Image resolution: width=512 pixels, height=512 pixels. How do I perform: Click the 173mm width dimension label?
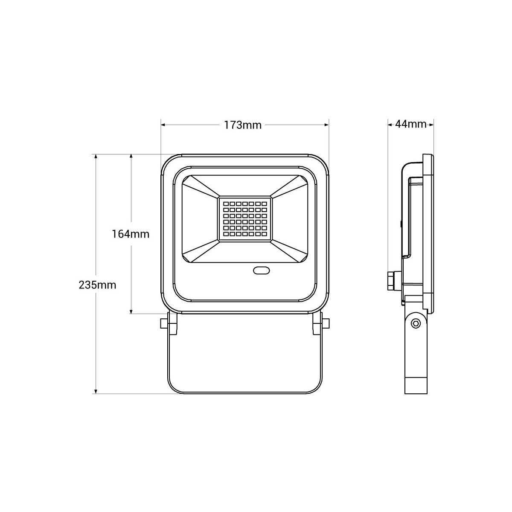click(x=243, y=125)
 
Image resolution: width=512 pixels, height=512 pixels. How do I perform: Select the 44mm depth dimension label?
click(x=411, y=124)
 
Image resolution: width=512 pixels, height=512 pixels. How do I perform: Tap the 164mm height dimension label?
click(x=131, y=234)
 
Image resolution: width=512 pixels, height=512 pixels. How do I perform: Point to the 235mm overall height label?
click(x=97, y=285)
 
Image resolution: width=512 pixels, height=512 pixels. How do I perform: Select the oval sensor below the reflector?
click(x=261, y=271)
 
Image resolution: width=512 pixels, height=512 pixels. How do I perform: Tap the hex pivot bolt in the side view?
click(x=415, y=324)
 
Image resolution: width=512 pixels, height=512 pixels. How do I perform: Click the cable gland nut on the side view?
click(x=390, y=281)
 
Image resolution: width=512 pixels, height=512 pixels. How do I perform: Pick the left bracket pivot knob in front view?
click(x=163, y=324)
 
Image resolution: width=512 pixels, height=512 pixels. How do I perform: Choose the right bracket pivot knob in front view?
click(x=326, y=324)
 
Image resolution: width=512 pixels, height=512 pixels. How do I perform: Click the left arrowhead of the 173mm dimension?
click(x=163, y=125)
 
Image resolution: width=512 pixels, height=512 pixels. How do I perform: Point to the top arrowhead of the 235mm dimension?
click(x=96, y=157)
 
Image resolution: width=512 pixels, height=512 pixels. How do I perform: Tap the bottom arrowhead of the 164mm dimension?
click(x=131, y=311)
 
